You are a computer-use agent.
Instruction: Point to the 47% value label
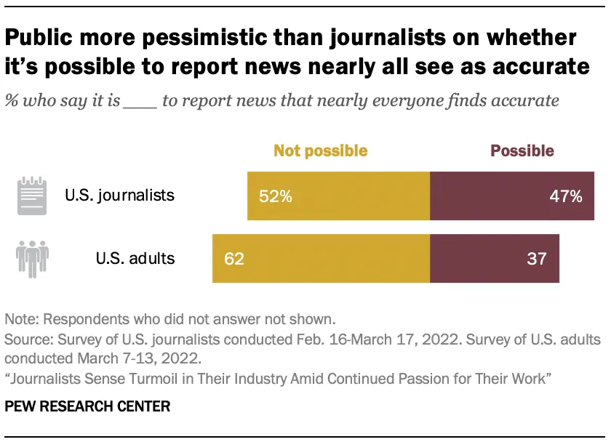tap(565, 196)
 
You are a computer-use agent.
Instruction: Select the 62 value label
tap(233, 258)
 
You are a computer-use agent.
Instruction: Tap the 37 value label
tap(536, 258)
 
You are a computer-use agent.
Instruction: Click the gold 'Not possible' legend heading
tap(320, 151)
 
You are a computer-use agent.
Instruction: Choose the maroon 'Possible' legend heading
tap(522, 151)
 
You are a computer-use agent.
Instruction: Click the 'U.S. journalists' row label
tap(119, 195)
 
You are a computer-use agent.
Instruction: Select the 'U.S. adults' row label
tap(135, 258)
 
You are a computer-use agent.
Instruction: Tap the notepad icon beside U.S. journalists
tap(32, 195)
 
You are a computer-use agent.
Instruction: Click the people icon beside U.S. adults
tap(33, 258)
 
